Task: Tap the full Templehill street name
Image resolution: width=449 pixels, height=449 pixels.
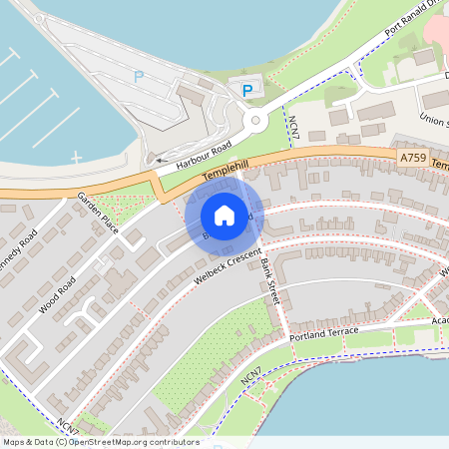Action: (x=224, y=172)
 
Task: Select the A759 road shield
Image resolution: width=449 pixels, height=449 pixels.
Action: (x=414, y=157)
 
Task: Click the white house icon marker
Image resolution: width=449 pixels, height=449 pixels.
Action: (x=224, y=215)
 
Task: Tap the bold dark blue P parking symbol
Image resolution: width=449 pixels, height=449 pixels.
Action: (x=246, y=91)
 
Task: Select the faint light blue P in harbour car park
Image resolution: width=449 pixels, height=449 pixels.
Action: (x=139, y=77)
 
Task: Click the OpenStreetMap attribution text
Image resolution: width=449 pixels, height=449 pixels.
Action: (x=100, y=442)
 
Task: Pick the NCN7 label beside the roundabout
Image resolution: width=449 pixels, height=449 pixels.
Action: (x=294, y=127)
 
